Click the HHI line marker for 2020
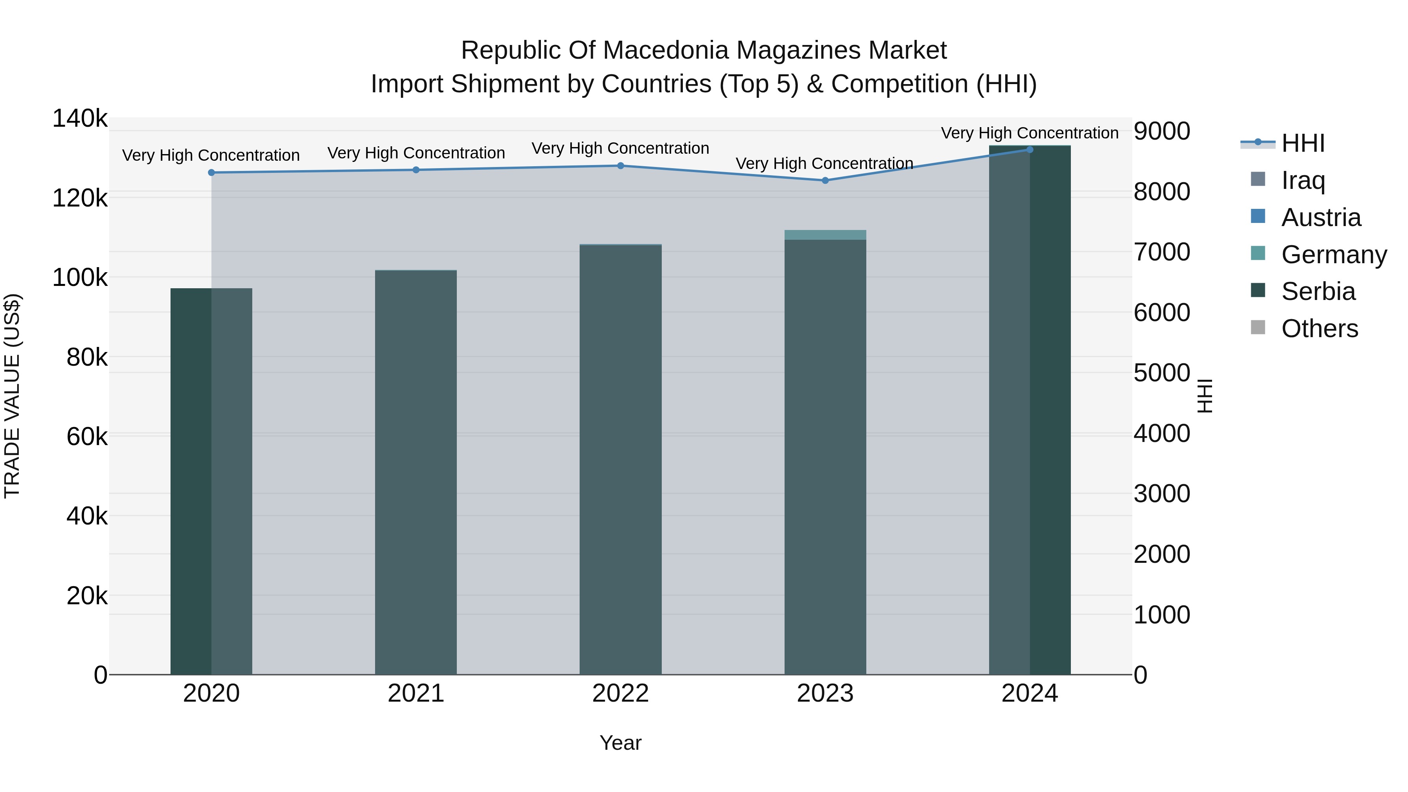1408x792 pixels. (212, 173)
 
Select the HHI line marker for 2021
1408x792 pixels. (416, 170)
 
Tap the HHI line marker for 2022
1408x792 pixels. (620, 165)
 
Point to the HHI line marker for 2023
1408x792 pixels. (825, 180)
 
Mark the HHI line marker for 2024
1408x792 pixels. (1030, 150)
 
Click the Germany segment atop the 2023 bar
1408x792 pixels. (825, 235)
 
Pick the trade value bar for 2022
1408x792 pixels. (620, 459)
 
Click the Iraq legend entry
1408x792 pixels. (1303, 180)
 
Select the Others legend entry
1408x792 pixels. (1320, 329)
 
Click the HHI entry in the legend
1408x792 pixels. (1303, 143)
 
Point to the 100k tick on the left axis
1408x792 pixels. (80, 278)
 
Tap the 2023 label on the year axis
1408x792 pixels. (825, 693)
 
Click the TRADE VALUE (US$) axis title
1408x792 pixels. (12, 396)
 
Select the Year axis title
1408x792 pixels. (620, 743)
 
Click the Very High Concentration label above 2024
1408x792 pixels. (1030, 133)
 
